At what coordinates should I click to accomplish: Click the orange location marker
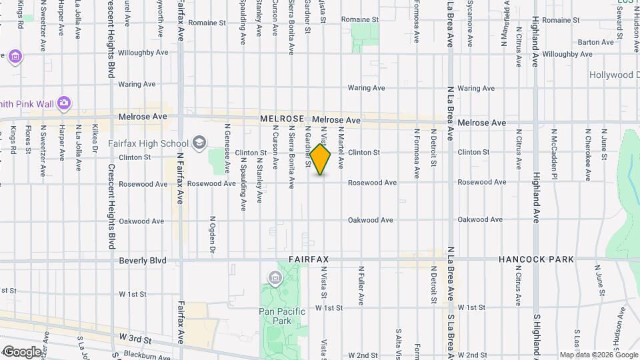click(320, 160)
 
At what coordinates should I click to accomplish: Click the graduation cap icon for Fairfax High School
click(199, 142)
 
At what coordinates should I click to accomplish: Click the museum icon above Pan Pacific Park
click(273, 277)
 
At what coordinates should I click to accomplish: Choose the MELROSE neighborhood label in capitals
click(282, 118)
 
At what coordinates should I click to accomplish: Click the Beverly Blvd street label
click(142, 261)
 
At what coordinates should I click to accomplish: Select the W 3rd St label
click(135, 340)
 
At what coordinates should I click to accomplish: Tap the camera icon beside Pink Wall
click(64, 103)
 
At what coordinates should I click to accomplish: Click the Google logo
click(21, 352)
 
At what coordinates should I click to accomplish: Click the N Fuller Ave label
click(361, 286)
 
